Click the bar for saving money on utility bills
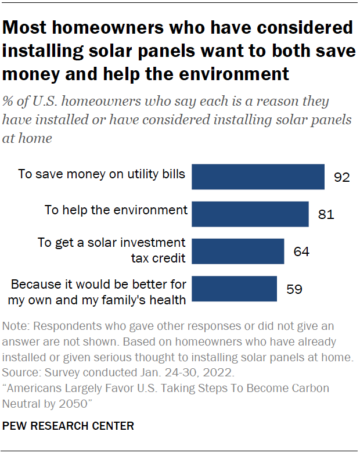(x=258, y=177)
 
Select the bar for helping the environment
(x=250, y=214)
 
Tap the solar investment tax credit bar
(x=237, y=251)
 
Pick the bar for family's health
(x=234, y=289)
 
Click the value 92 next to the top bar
(x=341, y=177)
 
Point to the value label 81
(x=326, y=214)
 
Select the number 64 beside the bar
(x=301, y=251)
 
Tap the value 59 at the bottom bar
(x=294, y=289)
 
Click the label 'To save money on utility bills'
(x=102, y=173)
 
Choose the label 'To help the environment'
(x=116, y=210)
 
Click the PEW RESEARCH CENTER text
(x=69, y=426)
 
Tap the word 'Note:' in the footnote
(x=16, y=326)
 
